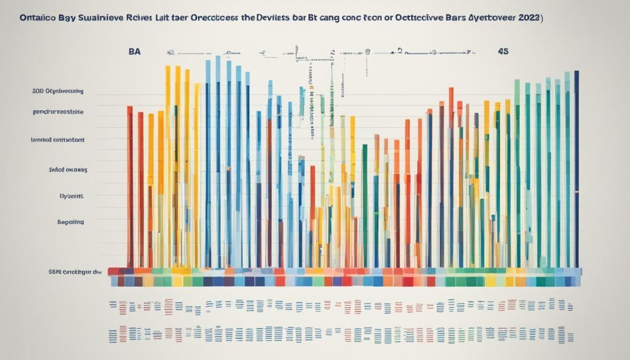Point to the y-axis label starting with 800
(57, 91)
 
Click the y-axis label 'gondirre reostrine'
(58, 113)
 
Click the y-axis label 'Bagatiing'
(70, 221)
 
